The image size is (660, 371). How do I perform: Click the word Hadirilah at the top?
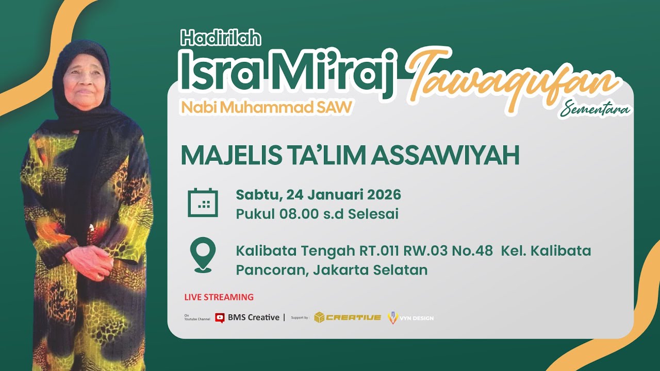click(221, 38)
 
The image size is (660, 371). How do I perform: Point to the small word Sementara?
click(596, 109)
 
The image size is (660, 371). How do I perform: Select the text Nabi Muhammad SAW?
click(266, 107)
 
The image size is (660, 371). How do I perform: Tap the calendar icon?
click(203, 203)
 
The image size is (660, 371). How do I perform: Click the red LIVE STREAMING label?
click(219, 297)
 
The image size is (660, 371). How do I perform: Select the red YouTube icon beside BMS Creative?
click(220, 318)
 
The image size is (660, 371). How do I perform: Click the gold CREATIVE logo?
click(348, 317)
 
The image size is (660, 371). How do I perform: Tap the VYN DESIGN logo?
click(410, 318)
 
